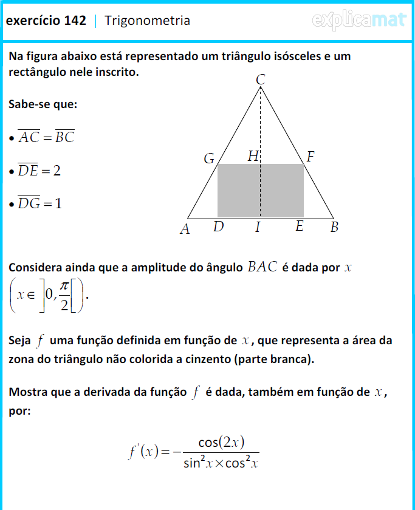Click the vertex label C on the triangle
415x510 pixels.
coord(261,80)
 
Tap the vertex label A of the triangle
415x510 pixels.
coord(185,229)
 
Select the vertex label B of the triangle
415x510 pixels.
coord(334,228)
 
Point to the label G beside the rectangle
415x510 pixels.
coord(209,159)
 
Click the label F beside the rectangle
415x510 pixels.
coord(310,157)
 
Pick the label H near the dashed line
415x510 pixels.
coord(253,157)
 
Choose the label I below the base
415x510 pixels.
coord(258,228)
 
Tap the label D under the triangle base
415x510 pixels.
coord(219,227)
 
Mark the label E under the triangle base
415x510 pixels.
coord(300,227)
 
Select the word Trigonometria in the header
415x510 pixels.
coord(147,21)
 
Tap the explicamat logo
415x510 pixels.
coord(358,21)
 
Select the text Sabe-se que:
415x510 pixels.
coord(43,104)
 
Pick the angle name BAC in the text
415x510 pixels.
coord(262,267)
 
